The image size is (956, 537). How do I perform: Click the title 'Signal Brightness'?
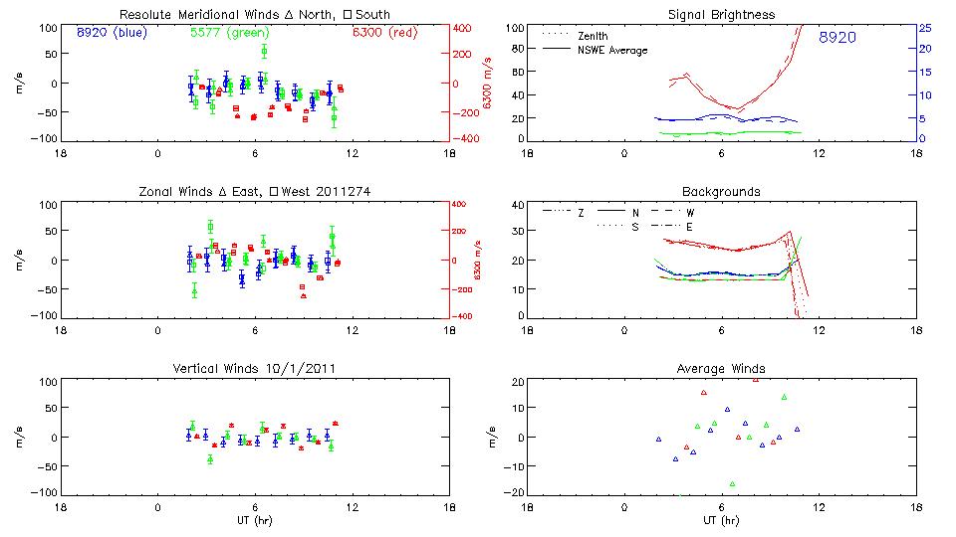tap(721, 15)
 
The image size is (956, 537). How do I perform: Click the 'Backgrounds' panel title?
tap(721, 191)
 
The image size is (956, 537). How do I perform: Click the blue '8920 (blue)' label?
tap(110, 32)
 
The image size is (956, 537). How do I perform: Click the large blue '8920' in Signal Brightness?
tap(837, 38)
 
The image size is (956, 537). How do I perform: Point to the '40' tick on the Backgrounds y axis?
tap(518, 205)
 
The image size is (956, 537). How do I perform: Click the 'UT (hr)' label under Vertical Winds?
tap(256, 520)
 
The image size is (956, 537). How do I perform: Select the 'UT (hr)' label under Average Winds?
tap(721, 520)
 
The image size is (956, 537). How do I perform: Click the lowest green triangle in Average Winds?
tap(732, 484)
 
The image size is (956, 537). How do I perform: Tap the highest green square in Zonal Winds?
tap(210, 227)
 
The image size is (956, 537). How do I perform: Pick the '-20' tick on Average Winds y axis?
tap(516, 492)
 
